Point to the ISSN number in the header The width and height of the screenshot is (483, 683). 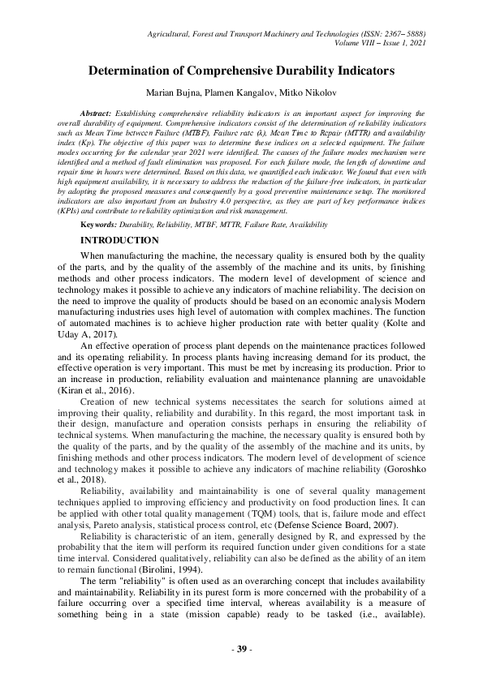pyautogui.click(x=390, y=34)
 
